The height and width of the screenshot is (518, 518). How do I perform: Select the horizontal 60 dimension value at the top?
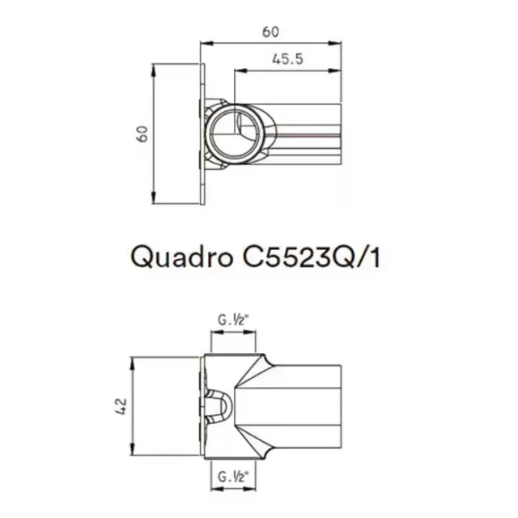(270, 32)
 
